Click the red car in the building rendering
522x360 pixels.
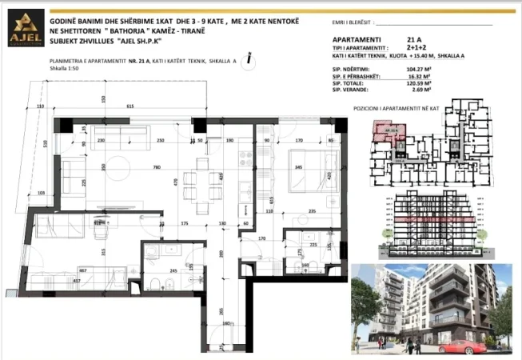click(464, 348)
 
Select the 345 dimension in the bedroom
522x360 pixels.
click(297, 167)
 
